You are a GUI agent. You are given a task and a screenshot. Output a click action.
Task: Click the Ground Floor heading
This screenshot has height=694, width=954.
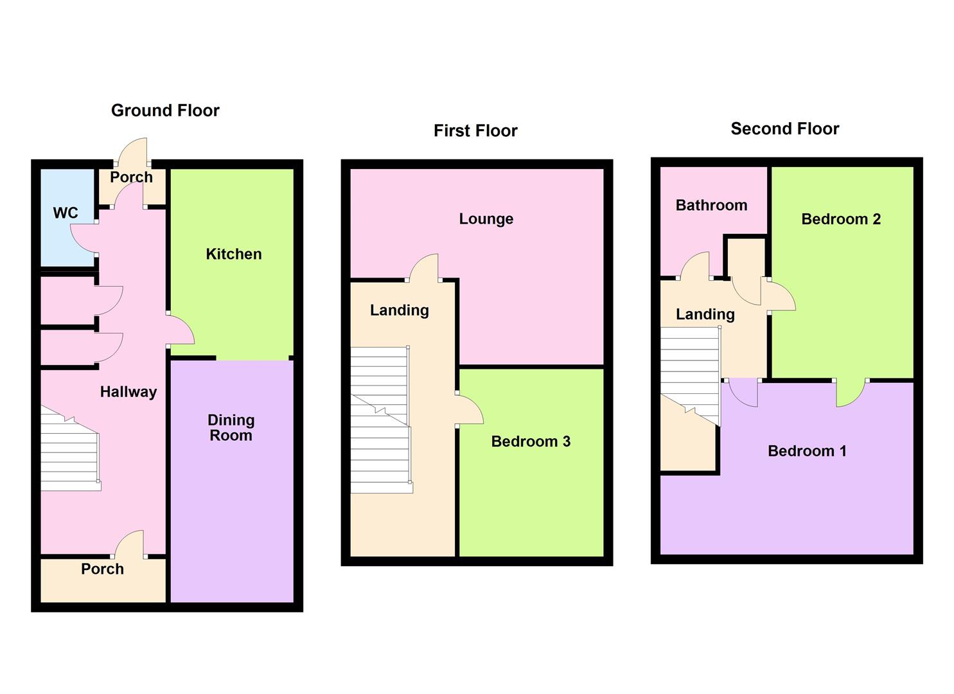coord(165,111)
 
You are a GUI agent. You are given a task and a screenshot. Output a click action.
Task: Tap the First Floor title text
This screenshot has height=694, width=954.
coord(475,131)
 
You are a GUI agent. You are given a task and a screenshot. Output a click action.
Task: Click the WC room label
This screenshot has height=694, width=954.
coord(66,213)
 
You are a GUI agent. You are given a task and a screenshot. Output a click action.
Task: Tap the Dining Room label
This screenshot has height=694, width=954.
coord(231,428)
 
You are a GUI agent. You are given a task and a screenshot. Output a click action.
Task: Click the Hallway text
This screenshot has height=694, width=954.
coord(128,392)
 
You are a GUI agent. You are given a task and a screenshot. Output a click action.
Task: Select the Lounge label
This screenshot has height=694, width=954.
coord(486,219)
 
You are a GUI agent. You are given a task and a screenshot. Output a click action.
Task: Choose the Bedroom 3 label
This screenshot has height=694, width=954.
coord(531,441)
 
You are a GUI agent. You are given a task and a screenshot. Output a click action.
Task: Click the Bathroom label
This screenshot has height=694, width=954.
coord(711,206)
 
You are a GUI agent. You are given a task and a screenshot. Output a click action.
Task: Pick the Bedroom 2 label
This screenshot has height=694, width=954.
coord(841,219)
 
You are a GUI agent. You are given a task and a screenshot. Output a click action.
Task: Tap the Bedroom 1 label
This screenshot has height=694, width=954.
coord(807,450)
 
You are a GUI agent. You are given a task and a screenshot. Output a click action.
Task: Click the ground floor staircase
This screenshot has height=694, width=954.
coord(71,448)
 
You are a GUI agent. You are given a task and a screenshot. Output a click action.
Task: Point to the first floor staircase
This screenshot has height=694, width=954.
coord(382,420)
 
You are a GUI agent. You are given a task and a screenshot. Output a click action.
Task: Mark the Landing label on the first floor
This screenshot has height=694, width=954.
coord(399,310)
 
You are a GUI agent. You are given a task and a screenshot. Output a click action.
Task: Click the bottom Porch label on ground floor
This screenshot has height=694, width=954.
coord(102,569)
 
